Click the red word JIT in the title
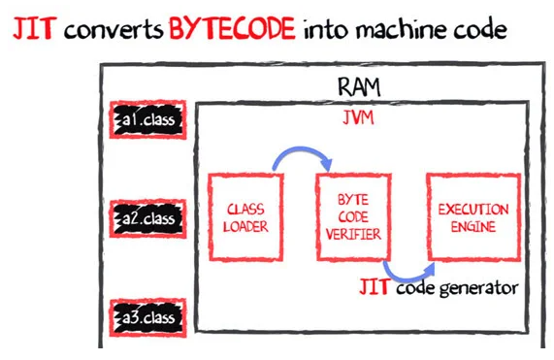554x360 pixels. click(35, 28)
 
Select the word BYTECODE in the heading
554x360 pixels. click(232, 28)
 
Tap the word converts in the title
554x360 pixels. click(114, 30)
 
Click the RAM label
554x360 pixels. click(359, 86)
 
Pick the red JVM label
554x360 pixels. click(358, 117)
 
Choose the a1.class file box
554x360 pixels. click(148, 119)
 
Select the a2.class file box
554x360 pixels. click(148, 218)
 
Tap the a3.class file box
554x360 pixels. click(148, 317)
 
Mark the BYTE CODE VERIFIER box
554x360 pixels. click(354, 217)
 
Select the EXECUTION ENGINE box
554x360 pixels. click(473, 217)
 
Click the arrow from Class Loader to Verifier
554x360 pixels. click(302, 149)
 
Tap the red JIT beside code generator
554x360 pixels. click(375, 286)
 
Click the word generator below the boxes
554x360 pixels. click(478, 288)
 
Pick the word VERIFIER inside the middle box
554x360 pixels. click(353, 234)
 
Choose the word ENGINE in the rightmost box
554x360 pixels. click(473, 226)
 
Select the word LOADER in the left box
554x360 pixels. click(245, 226)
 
